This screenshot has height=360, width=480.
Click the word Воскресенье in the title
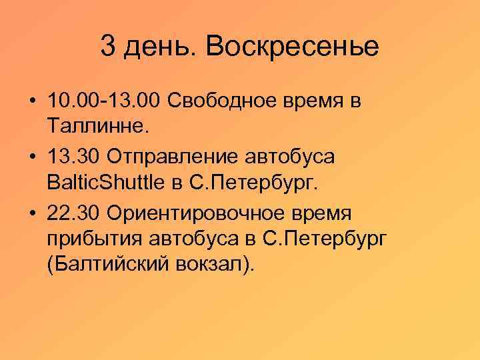pyautogui.click(x=293, y=47)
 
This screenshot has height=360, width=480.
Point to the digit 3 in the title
pyautogui.click(x=108, y=47)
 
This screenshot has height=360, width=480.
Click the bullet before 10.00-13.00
pyautogui.click(x=32, y=101)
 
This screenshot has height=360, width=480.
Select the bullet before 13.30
pyautogui.click(x=32, y=157)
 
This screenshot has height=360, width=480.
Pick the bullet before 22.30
pyautogui.click(x=32, y=213)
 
